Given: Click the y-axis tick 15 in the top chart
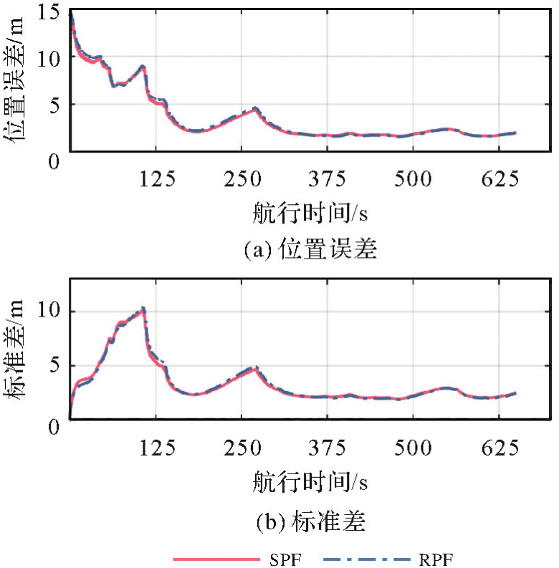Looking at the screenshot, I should tap(54, 12).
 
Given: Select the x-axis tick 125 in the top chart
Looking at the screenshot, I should tap(158, 180).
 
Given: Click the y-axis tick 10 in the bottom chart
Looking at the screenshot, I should tap(54, 312).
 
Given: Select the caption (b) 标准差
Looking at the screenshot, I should tap(310, 521).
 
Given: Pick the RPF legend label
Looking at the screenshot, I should tap(437, 559).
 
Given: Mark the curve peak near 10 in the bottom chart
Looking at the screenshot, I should tap(143, 309).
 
